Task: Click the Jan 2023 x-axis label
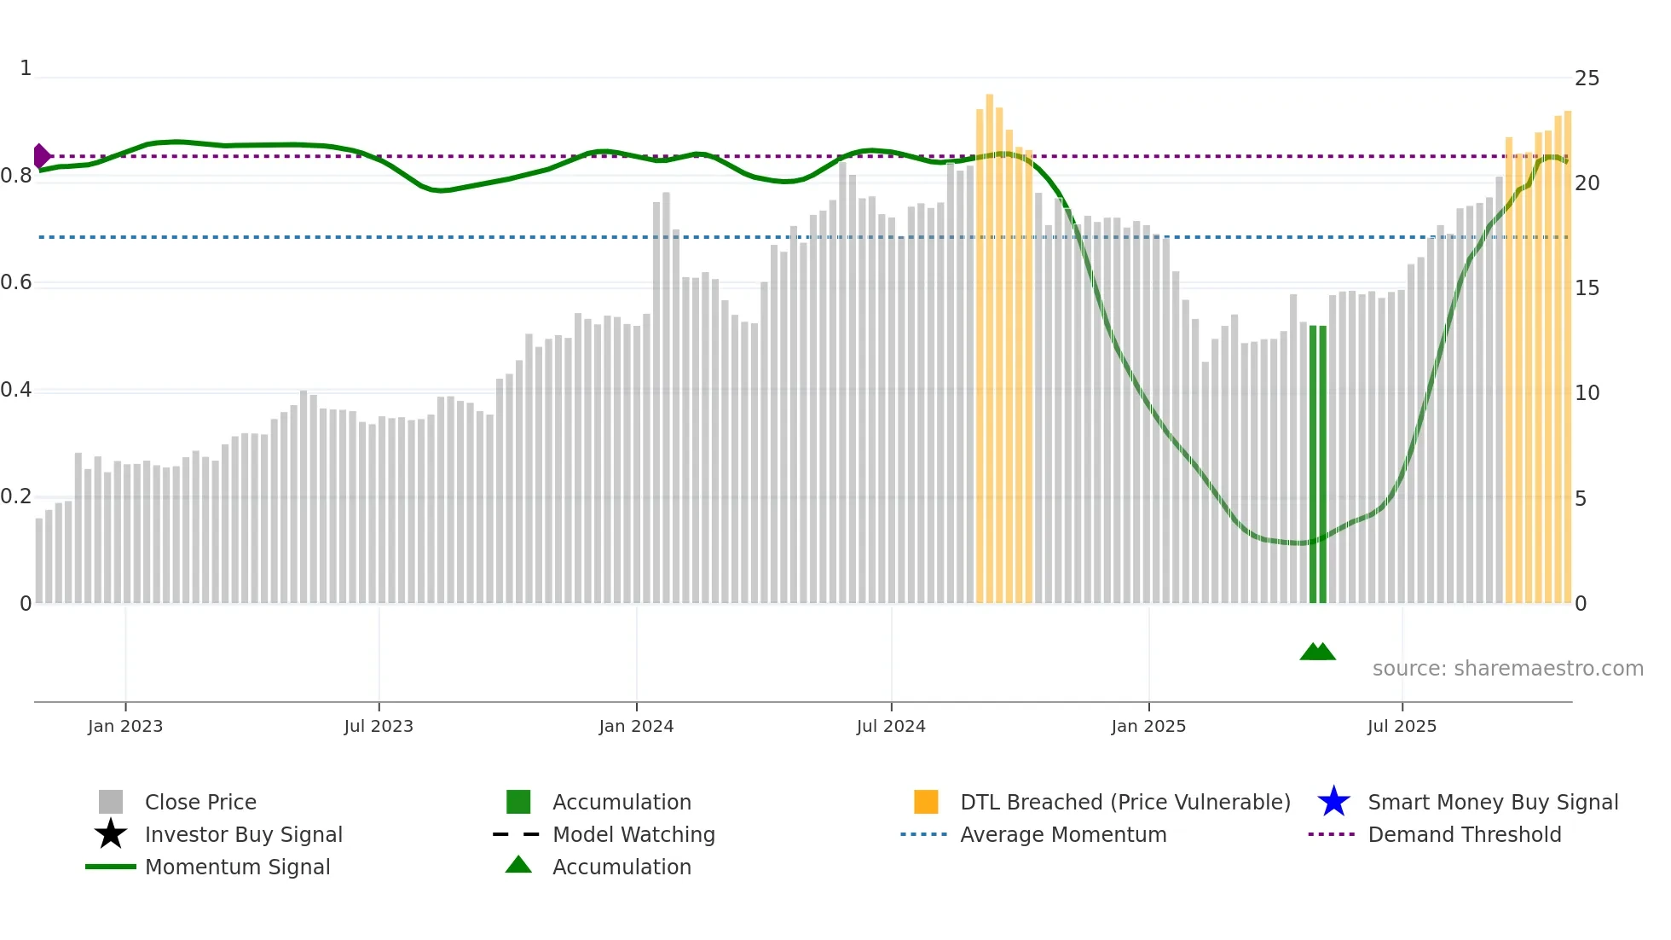(x=125, y=727)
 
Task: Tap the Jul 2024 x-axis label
(x=891, y=727)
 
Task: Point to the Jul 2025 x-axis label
(x=1402, y=727)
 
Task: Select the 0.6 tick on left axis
(x=16, y=282)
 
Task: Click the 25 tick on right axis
(x=1587, y=78)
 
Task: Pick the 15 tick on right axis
(x=1587, y=288)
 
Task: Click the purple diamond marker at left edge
(x=41, y=156)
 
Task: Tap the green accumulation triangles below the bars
(x=1317, y=653)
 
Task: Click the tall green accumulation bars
(x=1318, y=465)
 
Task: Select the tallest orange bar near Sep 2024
(x=990, y=341)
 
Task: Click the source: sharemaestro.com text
(x=1507, y=669)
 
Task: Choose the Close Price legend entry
(x=200, y=803)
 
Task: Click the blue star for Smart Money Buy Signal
(x=1333, y=802)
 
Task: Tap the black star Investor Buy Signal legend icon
(x=111, y=834)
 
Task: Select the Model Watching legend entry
(x=633, y=835)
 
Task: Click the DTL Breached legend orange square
(x=926, y=802)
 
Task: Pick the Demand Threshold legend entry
(x=1464, y=835)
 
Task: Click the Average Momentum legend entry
(x=1062, y=835)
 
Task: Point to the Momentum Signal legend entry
(x=237, y=867)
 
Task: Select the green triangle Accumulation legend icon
(x=518, y=866)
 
